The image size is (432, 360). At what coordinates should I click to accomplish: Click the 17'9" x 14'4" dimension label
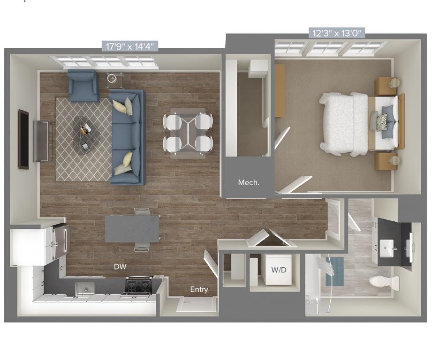click(129, 46)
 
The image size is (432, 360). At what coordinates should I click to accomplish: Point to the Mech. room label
click(249, 182)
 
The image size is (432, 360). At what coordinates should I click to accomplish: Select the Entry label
click(199, 290)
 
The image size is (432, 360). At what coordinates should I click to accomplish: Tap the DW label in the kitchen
click(120, 267)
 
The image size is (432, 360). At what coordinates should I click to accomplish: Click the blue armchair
click(83, 86)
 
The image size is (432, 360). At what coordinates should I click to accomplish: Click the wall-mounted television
click(23, 139)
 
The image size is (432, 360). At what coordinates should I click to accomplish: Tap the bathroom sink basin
click(387, 246)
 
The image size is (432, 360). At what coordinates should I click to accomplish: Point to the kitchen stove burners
click(138, 285)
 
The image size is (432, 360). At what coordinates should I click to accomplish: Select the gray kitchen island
click(132, 228)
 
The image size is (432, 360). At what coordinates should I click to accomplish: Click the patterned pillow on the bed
click(381, 122)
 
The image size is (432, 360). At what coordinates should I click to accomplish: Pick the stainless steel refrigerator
click(60, 241)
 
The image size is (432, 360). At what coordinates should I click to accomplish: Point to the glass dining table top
click(188, 133)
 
